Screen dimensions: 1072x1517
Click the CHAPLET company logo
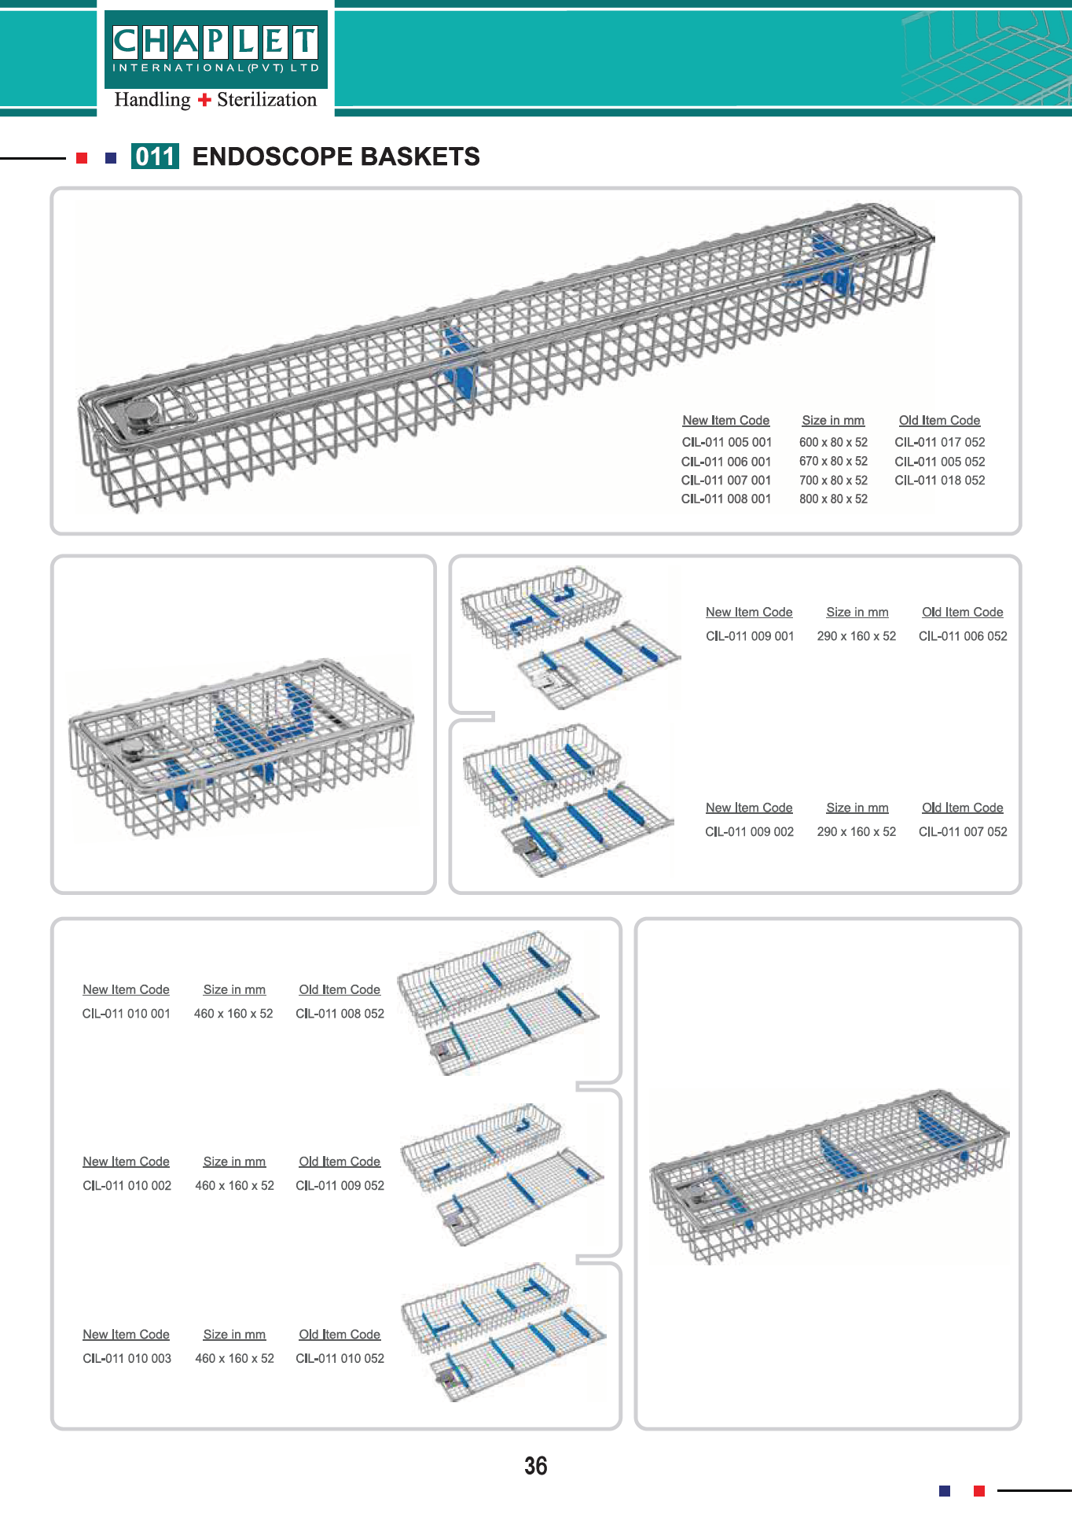[216, 49]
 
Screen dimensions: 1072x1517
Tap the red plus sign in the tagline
[204, 100]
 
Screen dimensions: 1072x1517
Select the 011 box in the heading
[155, 156]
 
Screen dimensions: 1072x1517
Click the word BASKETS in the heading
[420, 156]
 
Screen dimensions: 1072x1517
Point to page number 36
[536, 1466]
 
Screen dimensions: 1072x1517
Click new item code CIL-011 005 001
[727, 442]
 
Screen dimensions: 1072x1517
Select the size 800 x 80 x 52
[833, 499]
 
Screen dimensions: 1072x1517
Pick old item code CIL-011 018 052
[940, 480]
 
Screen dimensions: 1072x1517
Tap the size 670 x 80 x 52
[833, 461]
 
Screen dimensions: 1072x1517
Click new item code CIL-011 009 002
[750, 831]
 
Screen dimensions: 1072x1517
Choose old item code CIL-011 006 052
[963, 636]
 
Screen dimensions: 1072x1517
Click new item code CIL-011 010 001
[127, 1014]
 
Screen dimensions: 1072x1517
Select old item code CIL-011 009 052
[340, 1185]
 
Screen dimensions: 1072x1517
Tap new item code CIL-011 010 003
[127, 1358]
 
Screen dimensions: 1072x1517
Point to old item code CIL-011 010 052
[340, 1358]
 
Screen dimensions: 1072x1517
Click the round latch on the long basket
[141, 414]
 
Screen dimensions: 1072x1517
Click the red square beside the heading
[82, 158]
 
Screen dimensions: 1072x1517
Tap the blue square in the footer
[945, 1490]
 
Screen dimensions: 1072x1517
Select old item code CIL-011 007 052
[963, 831]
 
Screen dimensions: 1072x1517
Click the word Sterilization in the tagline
[267, 100]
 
